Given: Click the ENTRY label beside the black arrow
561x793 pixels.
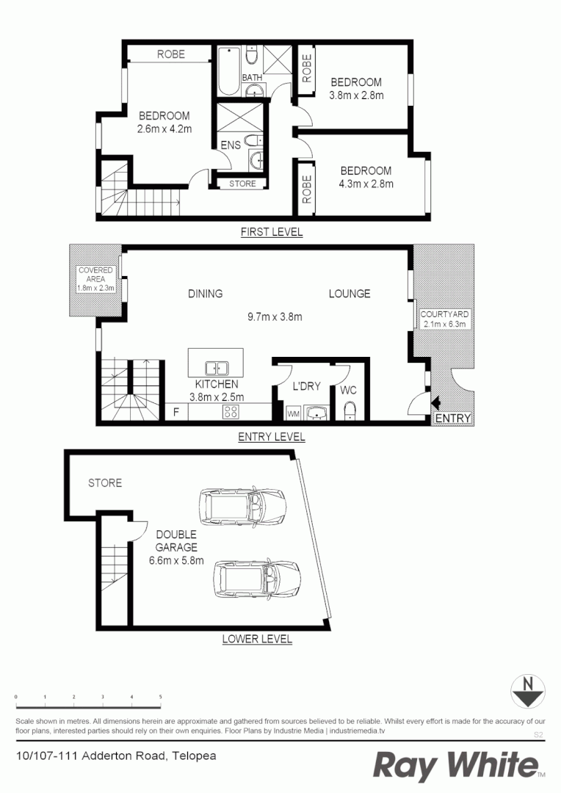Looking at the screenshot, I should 452,419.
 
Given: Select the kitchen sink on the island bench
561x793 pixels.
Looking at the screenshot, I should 215,366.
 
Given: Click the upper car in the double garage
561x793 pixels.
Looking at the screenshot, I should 242,505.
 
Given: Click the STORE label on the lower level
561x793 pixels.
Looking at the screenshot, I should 105,483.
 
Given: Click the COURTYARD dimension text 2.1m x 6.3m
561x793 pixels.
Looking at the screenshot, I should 444,324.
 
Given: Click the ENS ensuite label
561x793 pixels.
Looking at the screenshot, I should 231,145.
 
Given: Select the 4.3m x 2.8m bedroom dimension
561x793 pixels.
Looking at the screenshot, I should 366,184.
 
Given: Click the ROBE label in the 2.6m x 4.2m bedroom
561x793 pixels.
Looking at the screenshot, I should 170,54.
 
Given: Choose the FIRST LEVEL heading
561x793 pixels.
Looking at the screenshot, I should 272,232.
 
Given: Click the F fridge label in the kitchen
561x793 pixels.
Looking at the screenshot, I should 175,412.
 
